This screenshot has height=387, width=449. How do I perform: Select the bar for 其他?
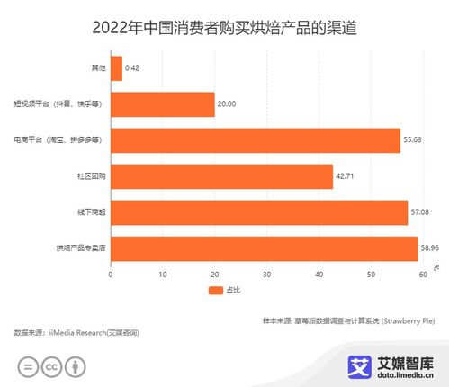point(115,68)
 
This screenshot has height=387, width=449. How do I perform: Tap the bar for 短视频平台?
point(162,104)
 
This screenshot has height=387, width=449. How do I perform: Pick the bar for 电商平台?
point(255,140)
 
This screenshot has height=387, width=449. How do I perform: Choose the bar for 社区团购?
point(221,175)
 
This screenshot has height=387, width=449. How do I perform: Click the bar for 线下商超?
point(258,211)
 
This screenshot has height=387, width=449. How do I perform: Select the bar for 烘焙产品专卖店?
point(264,247)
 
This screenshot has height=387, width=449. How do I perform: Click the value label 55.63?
point(414,140)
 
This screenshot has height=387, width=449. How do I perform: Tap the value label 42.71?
point(347,175)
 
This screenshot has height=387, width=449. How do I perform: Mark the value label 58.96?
point(432,247)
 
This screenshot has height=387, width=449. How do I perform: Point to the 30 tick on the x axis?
point(266,274)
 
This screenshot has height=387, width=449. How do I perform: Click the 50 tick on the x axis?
point(371,274)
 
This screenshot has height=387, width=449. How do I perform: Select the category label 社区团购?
point(92,176)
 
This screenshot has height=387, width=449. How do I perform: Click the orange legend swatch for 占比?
point(214,291)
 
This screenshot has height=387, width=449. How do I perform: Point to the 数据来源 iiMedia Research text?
point(76,333)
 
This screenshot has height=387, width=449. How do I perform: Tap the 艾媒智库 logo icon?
point(361,364)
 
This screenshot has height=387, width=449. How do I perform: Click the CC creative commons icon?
point(53,367)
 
